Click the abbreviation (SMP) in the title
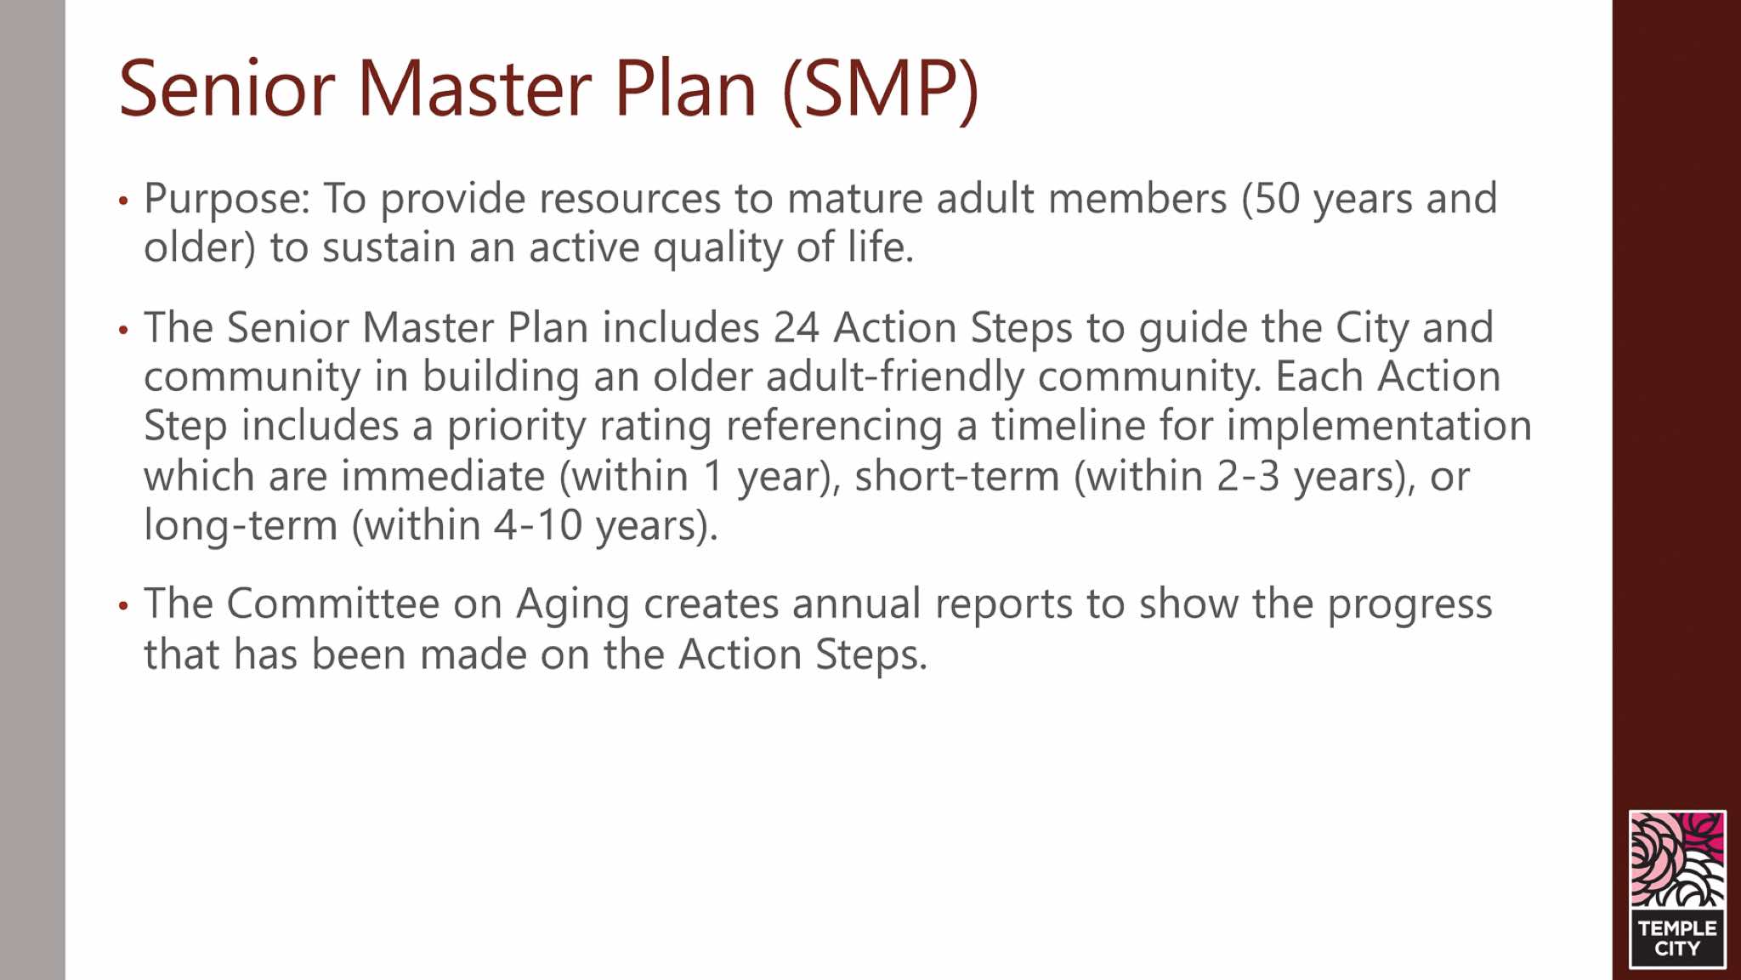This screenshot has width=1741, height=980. click(x=881, y=89)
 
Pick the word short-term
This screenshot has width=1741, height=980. click(x=957, y=476)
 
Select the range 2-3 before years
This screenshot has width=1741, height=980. click(x=1248, y=476)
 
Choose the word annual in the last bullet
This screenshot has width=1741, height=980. click(x=857, y=604)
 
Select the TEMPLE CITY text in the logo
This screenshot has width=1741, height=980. click(x=1677, y=938)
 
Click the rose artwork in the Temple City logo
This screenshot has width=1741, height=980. click(x=1677, y=860)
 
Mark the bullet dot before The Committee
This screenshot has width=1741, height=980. click(x=124, y=606)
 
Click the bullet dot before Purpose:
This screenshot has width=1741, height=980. click(x=124, y=201)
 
